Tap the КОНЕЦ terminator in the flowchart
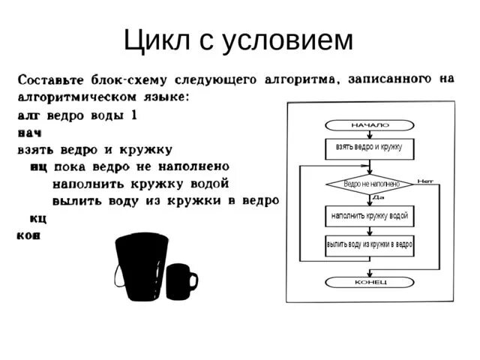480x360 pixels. [x=370, y=282]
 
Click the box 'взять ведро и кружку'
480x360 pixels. [x=370, y=147]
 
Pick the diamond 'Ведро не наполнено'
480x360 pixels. [x=370, y=183]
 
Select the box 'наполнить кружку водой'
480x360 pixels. [x=370, y=216]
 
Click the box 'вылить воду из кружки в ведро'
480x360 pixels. [x=370, y=245]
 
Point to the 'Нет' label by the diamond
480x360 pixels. [x=425, y=180]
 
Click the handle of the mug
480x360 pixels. [x=193, y=281]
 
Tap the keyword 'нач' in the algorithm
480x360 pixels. [x=29, y=133]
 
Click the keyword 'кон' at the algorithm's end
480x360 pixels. [x=28, y=235]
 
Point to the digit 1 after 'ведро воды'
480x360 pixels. [x=133, y=115]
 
